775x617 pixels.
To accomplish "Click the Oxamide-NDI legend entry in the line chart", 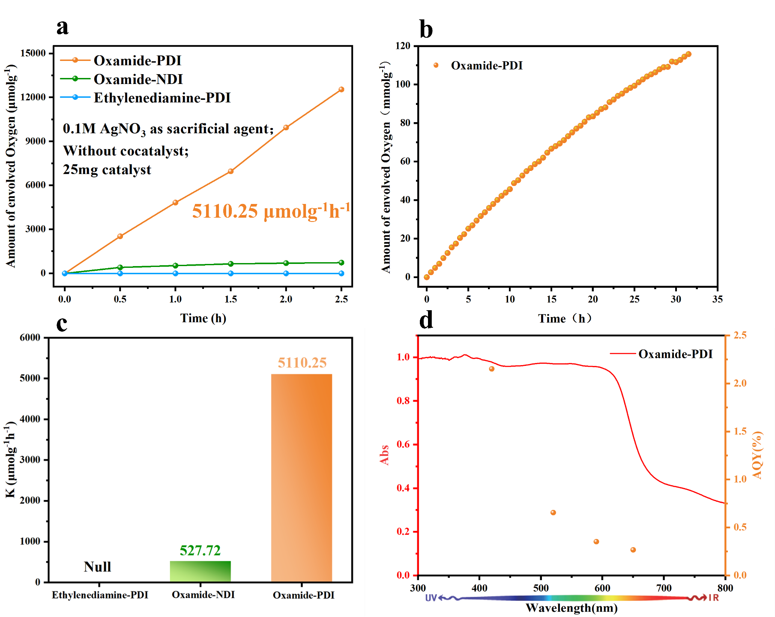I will [x=138, y=79].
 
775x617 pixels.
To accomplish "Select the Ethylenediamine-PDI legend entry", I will [x=162, y=98].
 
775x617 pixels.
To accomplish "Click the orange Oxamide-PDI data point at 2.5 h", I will [x=341, y=90].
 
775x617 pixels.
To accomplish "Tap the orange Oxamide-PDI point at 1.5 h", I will [x=230, y=171].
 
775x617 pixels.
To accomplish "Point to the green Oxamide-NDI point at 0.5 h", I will [x=120, y=267].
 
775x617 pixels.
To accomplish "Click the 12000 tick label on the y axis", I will [x=33, y=97].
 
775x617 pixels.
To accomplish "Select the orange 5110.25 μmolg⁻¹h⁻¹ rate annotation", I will [x=270, y=211].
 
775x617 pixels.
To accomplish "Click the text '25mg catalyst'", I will [x=107, y=170].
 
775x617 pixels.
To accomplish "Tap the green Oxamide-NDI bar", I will [x=200, y=571].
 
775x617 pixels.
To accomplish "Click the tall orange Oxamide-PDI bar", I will [x=302, y=478].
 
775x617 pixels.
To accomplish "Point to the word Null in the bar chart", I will [x=97, y=567].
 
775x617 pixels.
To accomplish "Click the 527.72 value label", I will [x=200, y=551].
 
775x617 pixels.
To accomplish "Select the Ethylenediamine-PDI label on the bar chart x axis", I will [x=100, y=595].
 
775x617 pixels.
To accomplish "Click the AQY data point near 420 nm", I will [x=492, y=369].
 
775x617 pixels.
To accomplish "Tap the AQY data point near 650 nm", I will [x=633, y=550].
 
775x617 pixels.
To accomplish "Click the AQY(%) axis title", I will [x=757, y=455].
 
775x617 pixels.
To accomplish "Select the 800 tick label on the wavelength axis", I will [x=725, y=588].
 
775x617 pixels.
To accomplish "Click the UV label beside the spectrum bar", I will [x=431, y=598].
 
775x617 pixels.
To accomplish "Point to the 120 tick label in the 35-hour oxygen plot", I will [x=403, y=46].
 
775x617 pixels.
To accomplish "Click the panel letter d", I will [x=426, y=320].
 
